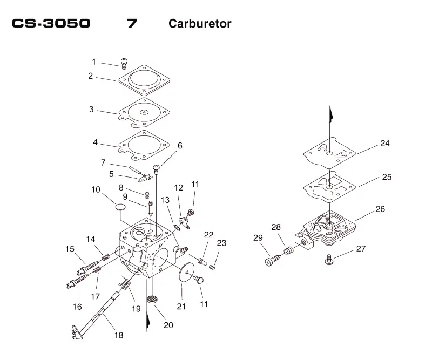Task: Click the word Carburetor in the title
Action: coord(200,23)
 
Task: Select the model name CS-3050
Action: coord(51,23)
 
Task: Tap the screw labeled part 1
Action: coord(125,63)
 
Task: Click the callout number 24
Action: coord(384,143)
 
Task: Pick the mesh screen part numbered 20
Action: coord(152,299)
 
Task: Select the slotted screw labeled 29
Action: coord(273,260)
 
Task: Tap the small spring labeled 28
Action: coord(288,250)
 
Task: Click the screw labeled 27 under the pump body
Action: coord(329,259)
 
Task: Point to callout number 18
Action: coord(119,335)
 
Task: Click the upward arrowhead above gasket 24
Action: coord(331,114)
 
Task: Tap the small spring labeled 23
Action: coord(212,267)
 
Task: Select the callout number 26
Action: coord(380,209)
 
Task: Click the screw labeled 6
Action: coord(157,169)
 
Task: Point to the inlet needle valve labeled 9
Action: coord(151,209)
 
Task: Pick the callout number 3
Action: coord(91,109)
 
